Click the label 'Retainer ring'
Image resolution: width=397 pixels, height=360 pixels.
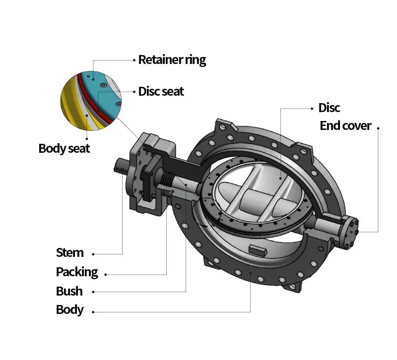pos(172,60)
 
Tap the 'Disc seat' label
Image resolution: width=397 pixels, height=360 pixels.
pos(161,91)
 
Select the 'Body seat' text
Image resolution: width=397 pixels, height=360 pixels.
pos(65,148)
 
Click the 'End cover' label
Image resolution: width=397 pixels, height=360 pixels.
pos(345,126)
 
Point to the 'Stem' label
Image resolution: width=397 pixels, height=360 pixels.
pos(70,252)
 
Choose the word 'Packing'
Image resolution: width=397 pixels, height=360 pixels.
pos(77,272)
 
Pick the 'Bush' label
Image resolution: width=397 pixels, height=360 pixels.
pos(69,291)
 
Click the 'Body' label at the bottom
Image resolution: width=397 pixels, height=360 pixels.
pos(70,310)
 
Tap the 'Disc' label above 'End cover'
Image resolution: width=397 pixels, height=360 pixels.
pos(329,108)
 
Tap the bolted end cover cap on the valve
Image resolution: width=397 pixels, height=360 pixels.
pos(351,232)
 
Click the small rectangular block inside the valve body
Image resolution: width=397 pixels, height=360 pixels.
pos(257,250)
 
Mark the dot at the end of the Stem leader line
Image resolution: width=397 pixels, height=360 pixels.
pos(93,254)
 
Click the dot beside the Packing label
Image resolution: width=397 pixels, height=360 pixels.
pos(106,275)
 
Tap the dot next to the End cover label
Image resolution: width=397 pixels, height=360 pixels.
pos(378,128)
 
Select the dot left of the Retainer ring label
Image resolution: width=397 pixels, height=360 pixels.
pos(134,60)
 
